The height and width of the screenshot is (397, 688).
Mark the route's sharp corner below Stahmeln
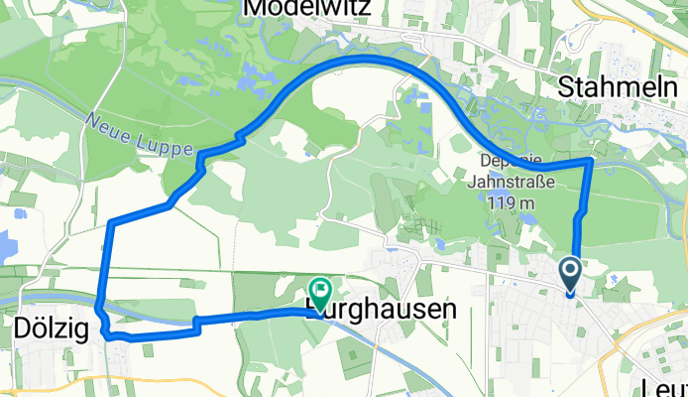click(x=592, y=159)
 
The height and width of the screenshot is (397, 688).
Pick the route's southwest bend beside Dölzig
click(x=103, y=333)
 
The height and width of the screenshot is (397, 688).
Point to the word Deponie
click(x=513, y=163)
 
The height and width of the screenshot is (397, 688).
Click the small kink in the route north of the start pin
click(x=580, y=213)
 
